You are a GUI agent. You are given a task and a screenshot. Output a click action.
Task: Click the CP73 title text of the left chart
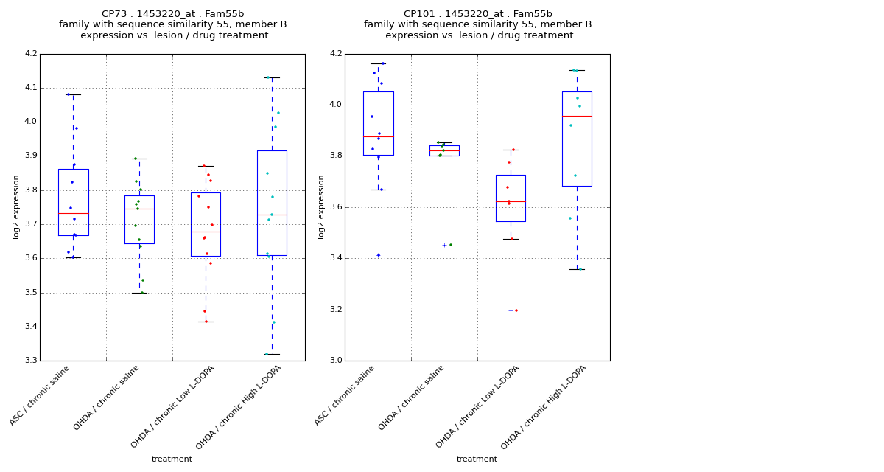coord(172,14)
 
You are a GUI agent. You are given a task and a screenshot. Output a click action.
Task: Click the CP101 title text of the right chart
coord(477,14)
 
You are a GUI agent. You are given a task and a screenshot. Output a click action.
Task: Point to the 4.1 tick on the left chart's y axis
coord(30,88)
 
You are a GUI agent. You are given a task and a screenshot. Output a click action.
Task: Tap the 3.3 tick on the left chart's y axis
coord(30,361)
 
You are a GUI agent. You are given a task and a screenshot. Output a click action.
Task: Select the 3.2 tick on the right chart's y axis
coord(335,310)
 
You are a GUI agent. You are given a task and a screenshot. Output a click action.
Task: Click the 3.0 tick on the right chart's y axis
coord(335,361)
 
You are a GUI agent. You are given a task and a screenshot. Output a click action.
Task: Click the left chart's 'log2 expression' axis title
coord(16,206)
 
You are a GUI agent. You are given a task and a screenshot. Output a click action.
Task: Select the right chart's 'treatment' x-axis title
coord(477,459)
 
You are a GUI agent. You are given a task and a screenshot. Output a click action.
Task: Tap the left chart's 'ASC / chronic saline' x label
coord(41,395)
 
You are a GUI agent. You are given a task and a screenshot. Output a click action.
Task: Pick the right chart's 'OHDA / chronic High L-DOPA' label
coord(545,406)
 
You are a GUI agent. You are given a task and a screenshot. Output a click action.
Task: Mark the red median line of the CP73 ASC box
coord(73,213)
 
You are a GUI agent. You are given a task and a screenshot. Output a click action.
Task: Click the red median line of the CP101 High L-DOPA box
coord(577,116)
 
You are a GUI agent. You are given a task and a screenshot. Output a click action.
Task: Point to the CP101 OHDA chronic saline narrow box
coord(444,150)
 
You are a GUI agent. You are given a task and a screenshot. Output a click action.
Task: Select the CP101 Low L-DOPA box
coord(511,198)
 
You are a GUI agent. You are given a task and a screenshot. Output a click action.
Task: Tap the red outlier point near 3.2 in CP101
coord(516,310)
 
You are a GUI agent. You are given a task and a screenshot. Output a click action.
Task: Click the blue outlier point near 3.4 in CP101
coord(379,255)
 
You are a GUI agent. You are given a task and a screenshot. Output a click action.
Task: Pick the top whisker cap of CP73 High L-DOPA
coord(272,77)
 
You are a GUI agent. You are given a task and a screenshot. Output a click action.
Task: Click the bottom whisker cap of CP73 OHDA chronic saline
coord(139,293)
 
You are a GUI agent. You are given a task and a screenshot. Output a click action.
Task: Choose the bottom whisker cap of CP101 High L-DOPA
coord(577,269)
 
